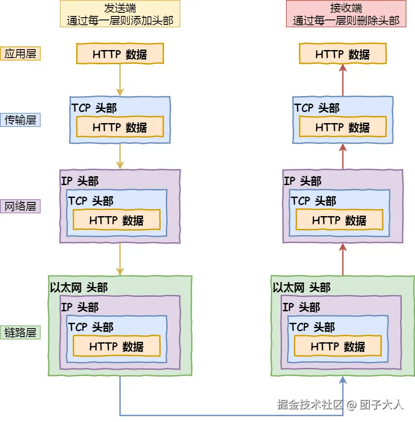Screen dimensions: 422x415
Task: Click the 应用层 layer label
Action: point(20,54)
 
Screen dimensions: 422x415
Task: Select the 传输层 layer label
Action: point(20,120)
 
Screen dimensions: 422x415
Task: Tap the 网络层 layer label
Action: point(20,206)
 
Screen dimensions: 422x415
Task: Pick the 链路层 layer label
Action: point(20,333)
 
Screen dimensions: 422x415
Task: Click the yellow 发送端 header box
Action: point(120,14)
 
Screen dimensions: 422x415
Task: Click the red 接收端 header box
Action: point(346,14)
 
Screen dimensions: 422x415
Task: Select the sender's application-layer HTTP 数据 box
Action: point(120,54)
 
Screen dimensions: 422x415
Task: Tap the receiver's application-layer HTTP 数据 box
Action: point(343,54)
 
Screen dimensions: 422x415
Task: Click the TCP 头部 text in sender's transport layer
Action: point(94,108)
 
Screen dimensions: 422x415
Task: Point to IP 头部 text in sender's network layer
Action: point(80,181)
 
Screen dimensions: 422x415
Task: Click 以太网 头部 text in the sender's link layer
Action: point(79,288)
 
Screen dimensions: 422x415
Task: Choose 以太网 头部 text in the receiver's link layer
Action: point(302,288)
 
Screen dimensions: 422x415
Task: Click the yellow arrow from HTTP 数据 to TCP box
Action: point(120,80)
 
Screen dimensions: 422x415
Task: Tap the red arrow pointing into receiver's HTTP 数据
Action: point(343,80)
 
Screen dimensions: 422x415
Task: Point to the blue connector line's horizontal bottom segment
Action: point(231,415)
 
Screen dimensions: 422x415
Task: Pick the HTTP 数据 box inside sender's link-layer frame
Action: point(117,347)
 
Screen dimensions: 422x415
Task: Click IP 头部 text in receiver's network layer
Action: point(302,181)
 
